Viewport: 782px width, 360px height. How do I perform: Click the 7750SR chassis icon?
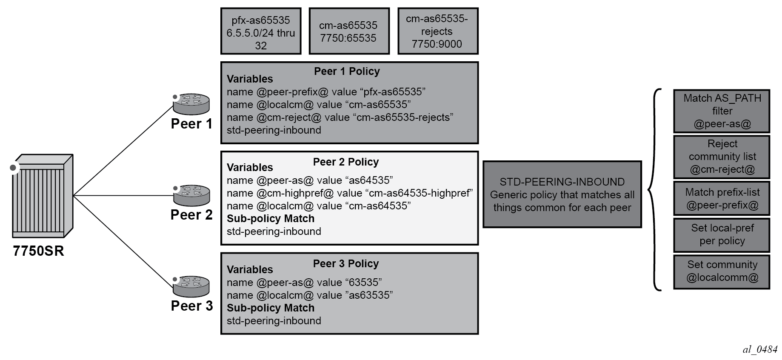pos(42,195)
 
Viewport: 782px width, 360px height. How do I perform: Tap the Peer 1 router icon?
pos(191,104)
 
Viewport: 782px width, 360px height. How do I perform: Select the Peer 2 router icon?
pos(191,195)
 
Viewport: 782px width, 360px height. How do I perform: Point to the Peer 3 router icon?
pos(191,286)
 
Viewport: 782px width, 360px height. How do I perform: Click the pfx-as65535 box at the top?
pos(261,31)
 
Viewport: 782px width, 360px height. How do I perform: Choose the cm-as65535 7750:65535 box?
pos(349,31)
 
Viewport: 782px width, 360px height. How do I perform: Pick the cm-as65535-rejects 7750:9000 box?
pos(438,31)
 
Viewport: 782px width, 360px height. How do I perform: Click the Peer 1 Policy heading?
pos(347,71)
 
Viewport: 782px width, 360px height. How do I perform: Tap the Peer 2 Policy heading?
pos(346,162)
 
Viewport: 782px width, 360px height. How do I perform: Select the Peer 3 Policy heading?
pos(346,264)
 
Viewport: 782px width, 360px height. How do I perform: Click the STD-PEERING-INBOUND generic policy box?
pos(562,194)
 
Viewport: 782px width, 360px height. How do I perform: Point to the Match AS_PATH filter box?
pos(722,111)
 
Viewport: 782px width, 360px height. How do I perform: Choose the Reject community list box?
pos(722,157)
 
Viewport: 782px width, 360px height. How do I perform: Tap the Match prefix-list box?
pos(722,198)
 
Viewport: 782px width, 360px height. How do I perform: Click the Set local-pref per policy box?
pos(722,235)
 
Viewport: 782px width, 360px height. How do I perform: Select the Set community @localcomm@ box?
pos(722,271)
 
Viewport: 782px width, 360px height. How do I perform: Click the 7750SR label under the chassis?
pos(38,251)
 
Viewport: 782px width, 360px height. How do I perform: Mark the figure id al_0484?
pos(760,349)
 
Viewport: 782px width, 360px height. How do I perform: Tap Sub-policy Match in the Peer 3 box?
pos(271,308)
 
